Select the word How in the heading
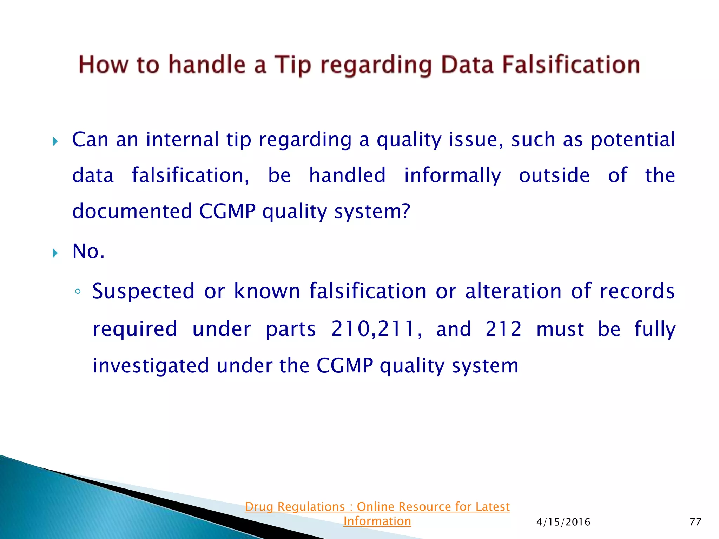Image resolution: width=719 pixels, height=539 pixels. coord(103,65)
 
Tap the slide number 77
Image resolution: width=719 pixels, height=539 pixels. coord(695,522)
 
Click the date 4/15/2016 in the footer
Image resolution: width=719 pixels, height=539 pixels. coord(563,522)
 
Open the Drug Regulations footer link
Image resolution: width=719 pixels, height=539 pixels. coord(377,507)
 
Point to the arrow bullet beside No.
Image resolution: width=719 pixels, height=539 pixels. coord(55,253)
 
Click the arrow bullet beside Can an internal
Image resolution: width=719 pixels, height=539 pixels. coord(55,141)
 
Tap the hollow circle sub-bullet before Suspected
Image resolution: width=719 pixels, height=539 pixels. coord(78,291)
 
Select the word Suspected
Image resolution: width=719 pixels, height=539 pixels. coord(143,291)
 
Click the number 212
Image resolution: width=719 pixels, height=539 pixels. coord(503,329)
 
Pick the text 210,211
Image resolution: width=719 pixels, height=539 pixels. coord(376,329)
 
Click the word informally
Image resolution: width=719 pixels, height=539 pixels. coord(453,175)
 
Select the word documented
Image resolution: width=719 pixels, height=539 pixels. coord(132,211)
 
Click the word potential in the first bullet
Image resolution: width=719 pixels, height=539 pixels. coord(633,140)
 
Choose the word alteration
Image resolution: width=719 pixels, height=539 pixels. coord(513,291)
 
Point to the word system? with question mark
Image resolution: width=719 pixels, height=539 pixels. coord(372,211)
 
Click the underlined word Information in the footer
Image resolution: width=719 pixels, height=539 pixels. coord(377,521)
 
